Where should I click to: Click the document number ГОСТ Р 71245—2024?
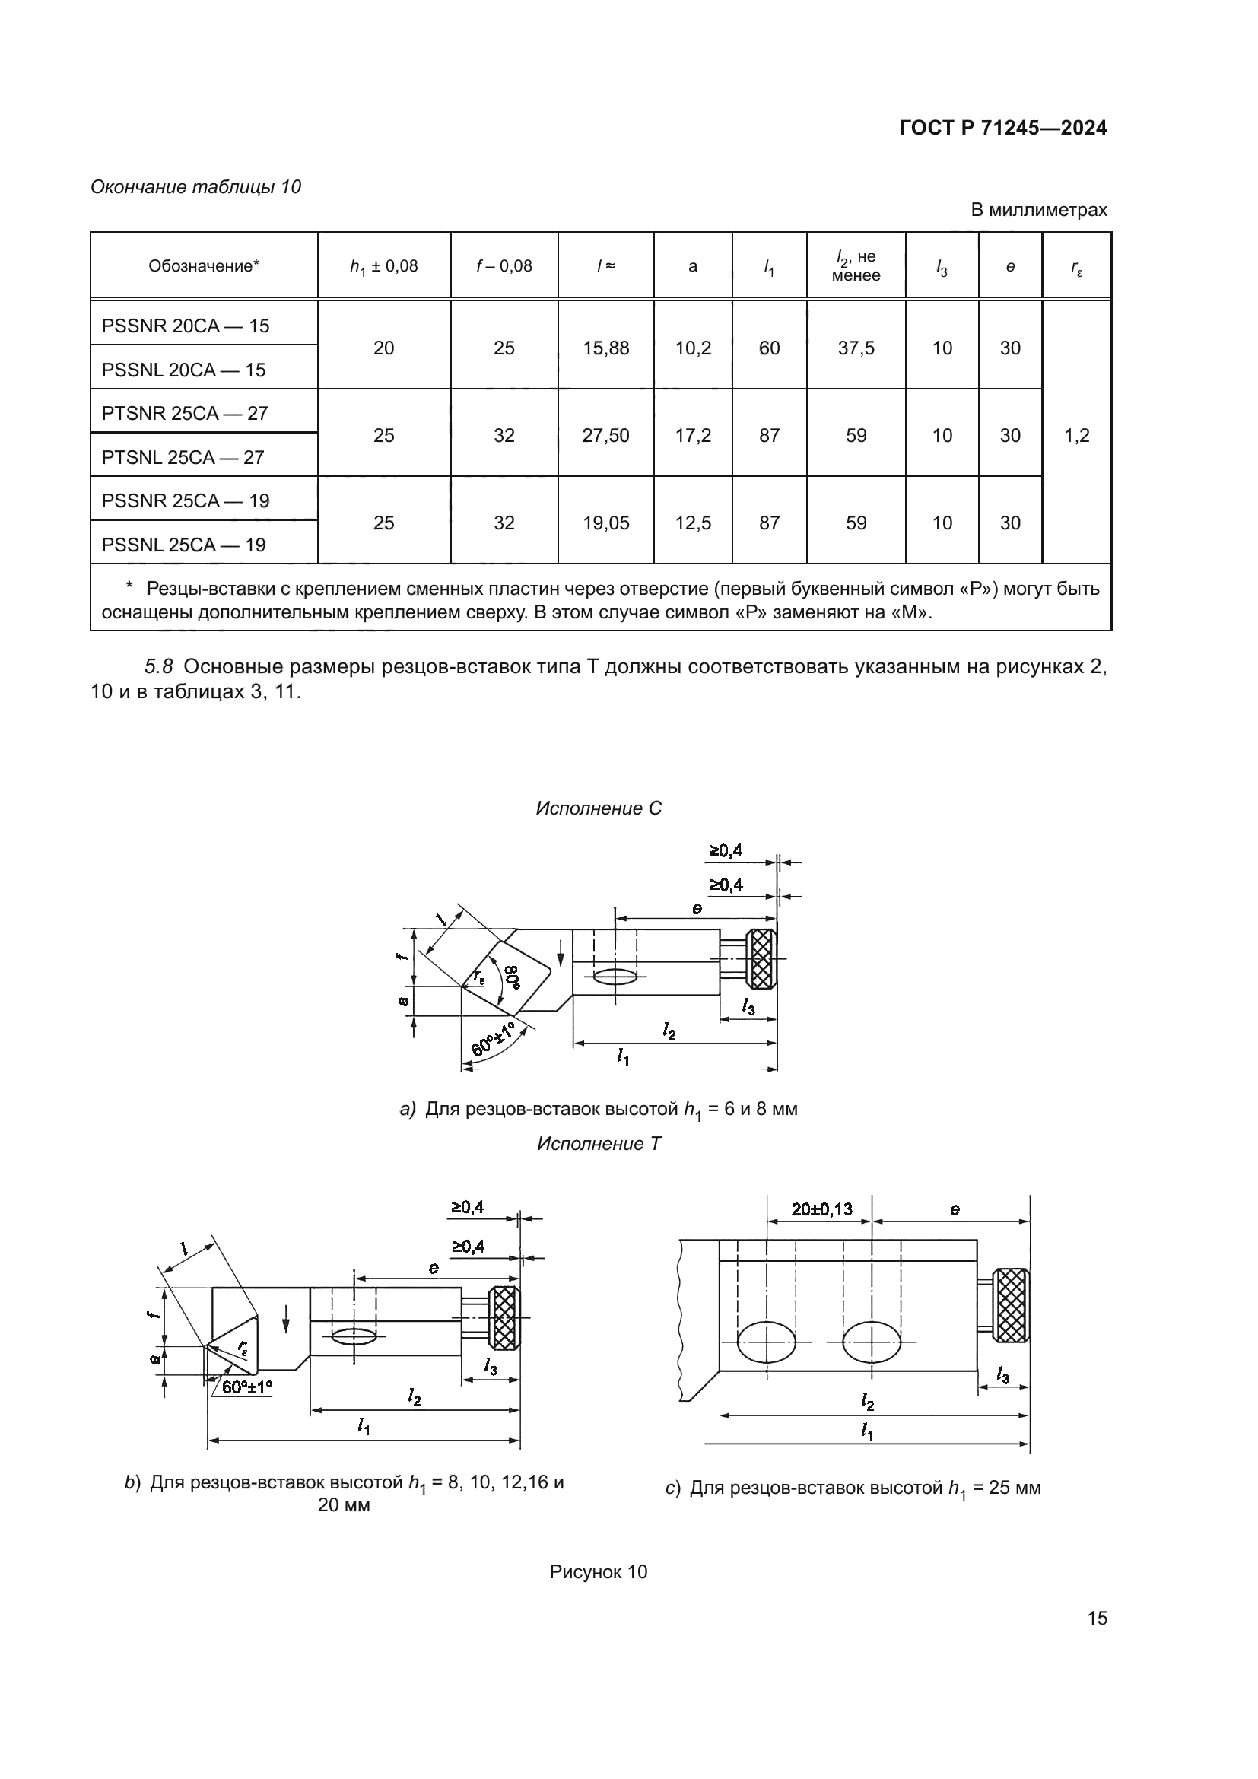[1003, 128]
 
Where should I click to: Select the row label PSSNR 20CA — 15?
[185, 326]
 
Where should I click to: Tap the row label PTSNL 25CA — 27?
[183, 458]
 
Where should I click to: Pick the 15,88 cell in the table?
[605, 348]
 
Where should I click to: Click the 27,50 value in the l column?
[605, 437]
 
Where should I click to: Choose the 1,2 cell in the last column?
[1077, 437]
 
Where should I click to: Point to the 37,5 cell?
[856, 348]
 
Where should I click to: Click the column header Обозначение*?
[204, 266]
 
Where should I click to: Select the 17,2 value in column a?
[693, 437]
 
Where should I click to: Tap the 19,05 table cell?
[605, 524]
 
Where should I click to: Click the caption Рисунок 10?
[598, 1572]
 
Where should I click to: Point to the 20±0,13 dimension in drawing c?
[821, 1209]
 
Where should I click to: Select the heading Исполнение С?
[599, 809]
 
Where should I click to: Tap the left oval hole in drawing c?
[766, 1341]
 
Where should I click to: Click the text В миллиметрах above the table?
[1039, 210]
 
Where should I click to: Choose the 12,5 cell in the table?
[693, 524]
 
